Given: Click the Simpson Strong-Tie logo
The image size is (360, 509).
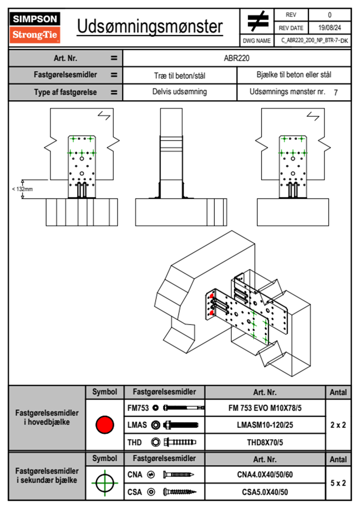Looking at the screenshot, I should pyautogui.click(x=34, y=28).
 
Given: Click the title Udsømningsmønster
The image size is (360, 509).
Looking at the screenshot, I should pyautogui.click(x=150, y=27).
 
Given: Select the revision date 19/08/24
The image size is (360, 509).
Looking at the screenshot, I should pyautogui.click(x=329, y=28).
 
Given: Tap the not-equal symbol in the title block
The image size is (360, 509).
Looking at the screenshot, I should pyautogui.click(x=257, y=21).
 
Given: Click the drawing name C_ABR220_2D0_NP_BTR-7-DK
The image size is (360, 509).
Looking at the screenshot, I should pyautogui.click(x=314, y=41).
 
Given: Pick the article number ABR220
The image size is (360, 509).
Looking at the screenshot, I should pyautogui.click(x=237, y=58).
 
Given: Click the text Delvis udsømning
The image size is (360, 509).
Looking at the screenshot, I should pyautogui.click(x=180, y=92).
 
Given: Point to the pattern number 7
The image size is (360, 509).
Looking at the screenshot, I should pyautogui.click(x=335, y=92).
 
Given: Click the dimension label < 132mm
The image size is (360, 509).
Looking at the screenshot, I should pyautogui.click(x=22, y=189).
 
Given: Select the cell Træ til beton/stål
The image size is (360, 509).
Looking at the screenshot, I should pyautogui.click(x=180, y=75).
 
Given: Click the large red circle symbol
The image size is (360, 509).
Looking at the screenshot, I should pyautogui.click(x=105, y=425).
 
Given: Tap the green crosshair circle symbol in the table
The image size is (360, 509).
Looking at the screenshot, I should pyautogui.click(x=105, y=483).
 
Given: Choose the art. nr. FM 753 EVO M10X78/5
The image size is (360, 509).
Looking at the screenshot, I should pyautogui.click(x=265, y=408).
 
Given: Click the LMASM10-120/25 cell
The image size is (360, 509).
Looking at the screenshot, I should pyautogui.click(x=265, y=425).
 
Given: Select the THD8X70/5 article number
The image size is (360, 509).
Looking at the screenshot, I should pyautogui.click(x=265, y=442).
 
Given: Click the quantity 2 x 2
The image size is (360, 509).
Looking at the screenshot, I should pyautogui.click(x=338, y=425).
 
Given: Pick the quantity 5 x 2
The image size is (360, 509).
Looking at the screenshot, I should pyautogui.click(x=338, y=483).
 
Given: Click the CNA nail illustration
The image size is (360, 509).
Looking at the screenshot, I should pyautogui.click(x=178, y=475).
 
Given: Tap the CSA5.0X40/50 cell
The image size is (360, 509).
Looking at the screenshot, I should pyautogui.click(x=265, y=492).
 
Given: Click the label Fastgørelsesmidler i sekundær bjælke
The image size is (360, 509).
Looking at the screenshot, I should pyautogui.click(x=47, y=475).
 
